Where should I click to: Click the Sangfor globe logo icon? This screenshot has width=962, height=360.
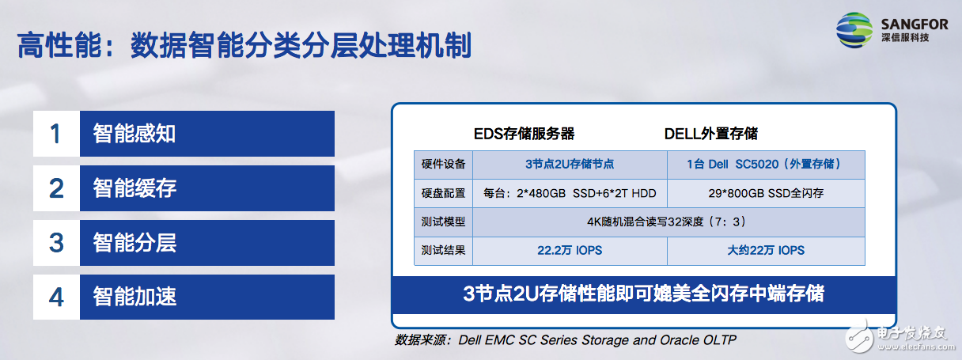click(854, 29)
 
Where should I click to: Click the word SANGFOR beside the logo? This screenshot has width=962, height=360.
click(913, 25)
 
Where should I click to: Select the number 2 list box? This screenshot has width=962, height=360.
click(56, 188)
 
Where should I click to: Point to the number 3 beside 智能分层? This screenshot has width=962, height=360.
click(56, 243)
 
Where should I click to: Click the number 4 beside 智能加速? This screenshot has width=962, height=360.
click(56, 297)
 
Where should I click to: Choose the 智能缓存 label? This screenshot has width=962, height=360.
click(134, 188)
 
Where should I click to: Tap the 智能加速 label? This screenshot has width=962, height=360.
click(134, 297)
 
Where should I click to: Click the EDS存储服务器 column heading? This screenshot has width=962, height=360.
click(524, 134)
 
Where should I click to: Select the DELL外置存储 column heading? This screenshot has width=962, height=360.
click(710, 134)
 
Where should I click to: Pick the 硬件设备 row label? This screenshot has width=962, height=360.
click(443, 165)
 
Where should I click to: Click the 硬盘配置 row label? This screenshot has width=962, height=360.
click(443, 193)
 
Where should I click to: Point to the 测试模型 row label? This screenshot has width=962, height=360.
click(443, 222)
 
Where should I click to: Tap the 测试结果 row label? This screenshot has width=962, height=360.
click(443, 251)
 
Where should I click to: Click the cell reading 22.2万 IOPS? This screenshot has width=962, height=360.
click(570, 251)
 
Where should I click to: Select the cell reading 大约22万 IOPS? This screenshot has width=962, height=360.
click(766, 251)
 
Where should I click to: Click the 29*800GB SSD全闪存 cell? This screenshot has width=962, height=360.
click(766, 193)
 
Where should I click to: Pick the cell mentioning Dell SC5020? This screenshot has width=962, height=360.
click(766, 165)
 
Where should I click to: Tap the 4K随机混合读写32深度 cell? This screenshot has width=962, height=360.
click(668, 222)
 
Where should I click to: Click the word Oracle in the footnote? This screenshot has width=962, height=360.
click(679, 340)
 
